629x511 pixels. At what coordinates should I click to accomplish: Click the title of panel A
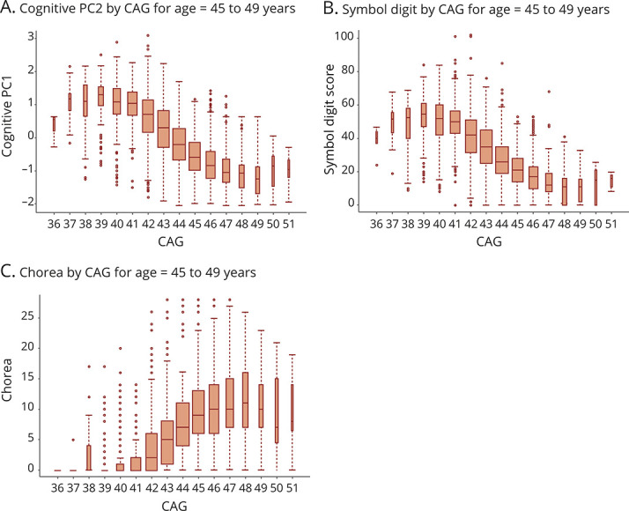[149, 10]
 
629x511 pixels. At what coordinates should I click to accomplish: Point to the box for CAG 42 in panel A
[147, 110]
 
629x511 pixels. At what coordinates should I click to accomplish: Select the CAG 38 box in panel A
[85, 100]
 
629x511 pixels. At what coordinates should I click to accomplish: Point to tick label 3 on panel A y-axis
[30, 36]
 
